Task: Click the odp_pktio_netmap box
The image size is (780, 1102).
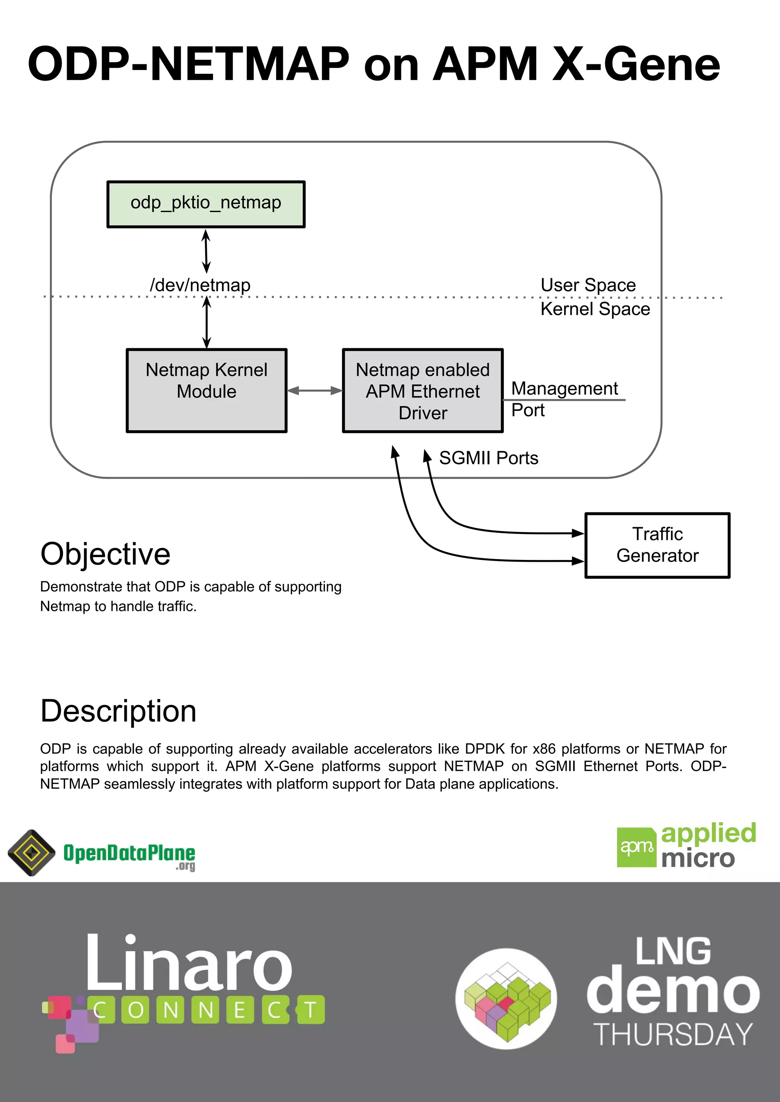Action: point(206,204)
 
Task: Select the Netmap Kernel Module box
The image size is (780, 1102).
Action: point(206,390)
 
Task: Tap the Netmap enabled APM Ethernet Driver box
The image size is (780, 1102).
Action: point(423,390)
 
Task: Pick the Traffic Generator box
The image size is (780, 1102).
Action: point(657,545)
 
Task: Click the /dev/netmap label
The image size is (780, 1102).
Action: point(200,285)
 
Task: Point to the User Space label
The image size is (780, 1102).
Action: point(588,285)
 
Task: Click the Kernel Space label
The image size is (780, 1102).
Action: point(595,309)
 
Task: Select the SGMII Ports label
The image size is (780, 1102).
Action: point(489,458)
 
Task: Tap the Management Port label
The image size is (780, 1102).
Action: point(564,399)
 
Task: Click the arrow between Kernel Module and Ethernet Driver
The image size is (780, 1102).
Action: point(315,391)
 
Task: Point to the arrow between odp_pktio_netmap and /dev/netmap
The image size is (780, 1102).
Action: point(206,251)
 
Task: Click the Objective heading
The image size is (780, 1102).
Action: point(105,554)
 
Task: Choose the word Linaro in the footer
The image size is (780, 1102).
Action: point(189,963)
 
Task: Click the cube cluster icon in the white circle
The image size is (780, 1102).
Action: point(506,998)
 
